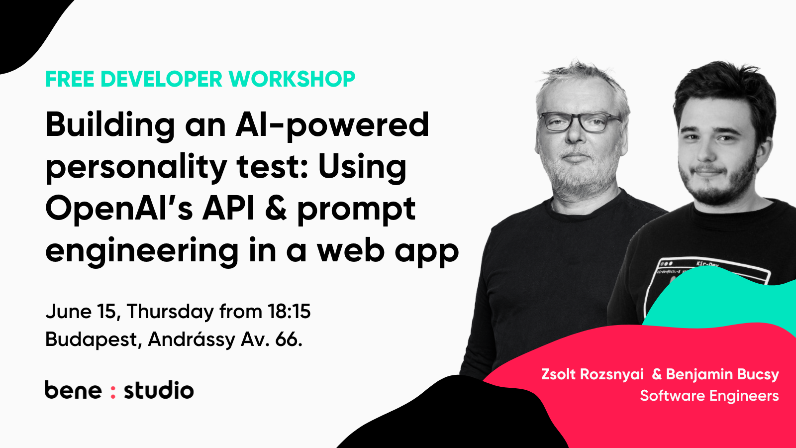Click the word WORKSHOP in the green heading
click(292, 79)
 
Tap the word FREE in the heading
click(70, 79)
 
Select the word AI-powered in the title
click(332, 124)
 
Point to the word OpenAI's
click(119, 209)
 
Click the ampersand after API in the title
click(276, 209)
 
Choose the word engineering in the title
click(142, 251)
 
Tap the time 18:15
click(289, 312)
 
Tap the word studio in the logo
click(159, 390)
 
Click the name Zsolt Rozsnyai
click(592, 374)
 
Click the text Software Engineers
click(709, 396)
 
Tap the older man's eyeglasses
click(580, 121)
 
